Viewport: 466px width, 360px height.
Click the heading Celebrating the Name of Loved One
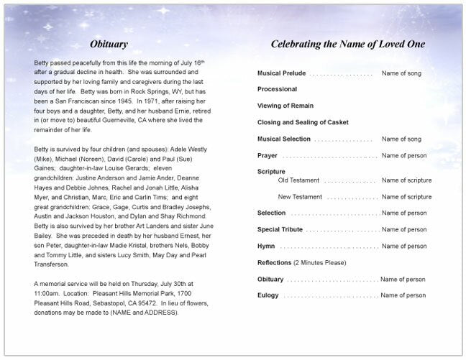tap(347, 45)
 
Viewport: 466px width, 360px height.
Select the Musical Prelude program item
tap(281, 74)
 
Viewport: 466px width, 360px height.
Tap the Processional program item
tap(277, 89)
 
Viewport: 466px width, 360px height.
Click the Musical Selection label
tap(284, 139)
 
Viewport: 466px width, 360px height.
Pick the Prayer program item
tap(268, 155)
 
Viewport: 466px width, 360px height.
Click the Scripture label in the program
tap(271, 172)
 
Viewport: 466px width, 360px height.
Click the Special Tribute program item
tap(280, 230)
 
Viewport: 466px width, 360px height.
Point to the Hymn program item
tap(266, 246)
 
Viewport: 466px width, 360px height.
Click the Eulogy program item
tap(268, 295)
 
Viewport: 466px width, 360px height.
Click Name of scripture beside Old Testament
tap(406, 180)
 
